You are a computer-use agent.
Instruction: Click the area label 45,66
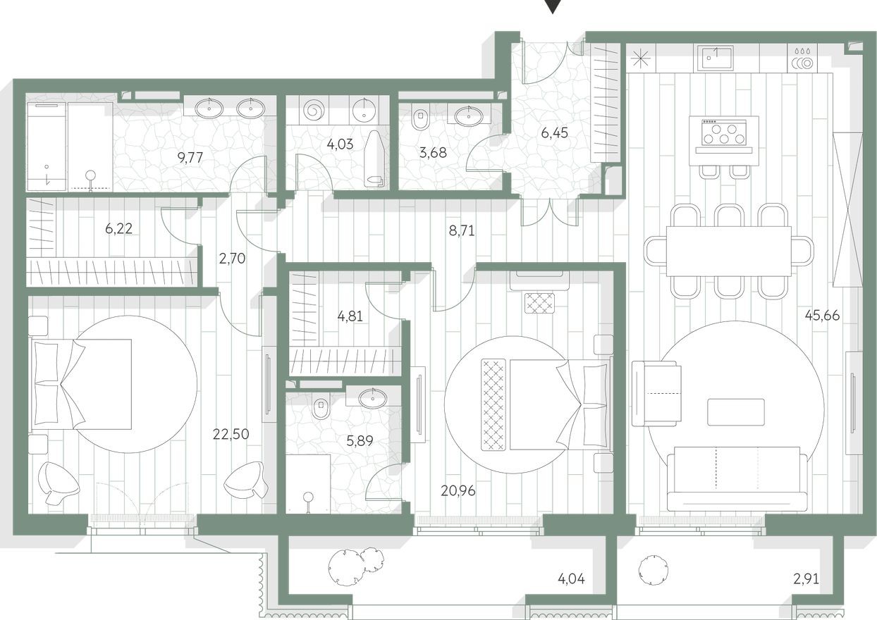822,315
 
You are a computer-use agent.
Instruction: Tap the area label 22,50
230,434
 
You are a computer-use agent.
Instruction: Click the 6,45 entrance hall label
553,132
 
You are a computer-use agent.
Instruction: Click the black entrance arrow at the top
555,6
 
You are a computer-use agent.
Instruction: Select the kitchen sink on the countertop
716,57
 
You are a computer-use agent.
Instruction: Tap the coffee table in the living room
736,412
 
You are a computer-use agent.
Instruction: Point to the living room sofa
737,479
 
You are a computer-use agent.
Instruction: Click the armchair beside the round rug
656,392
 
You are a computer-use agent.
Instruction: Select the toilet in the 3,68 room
419,118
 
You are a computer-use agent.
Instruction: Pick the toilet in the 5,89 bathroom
320,408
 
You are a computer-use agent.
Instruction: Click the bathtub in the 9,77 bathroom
47,147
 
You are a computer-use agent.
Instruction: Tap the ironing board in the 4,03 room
374,158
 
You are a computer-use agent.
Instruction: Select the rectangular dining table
729,251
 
